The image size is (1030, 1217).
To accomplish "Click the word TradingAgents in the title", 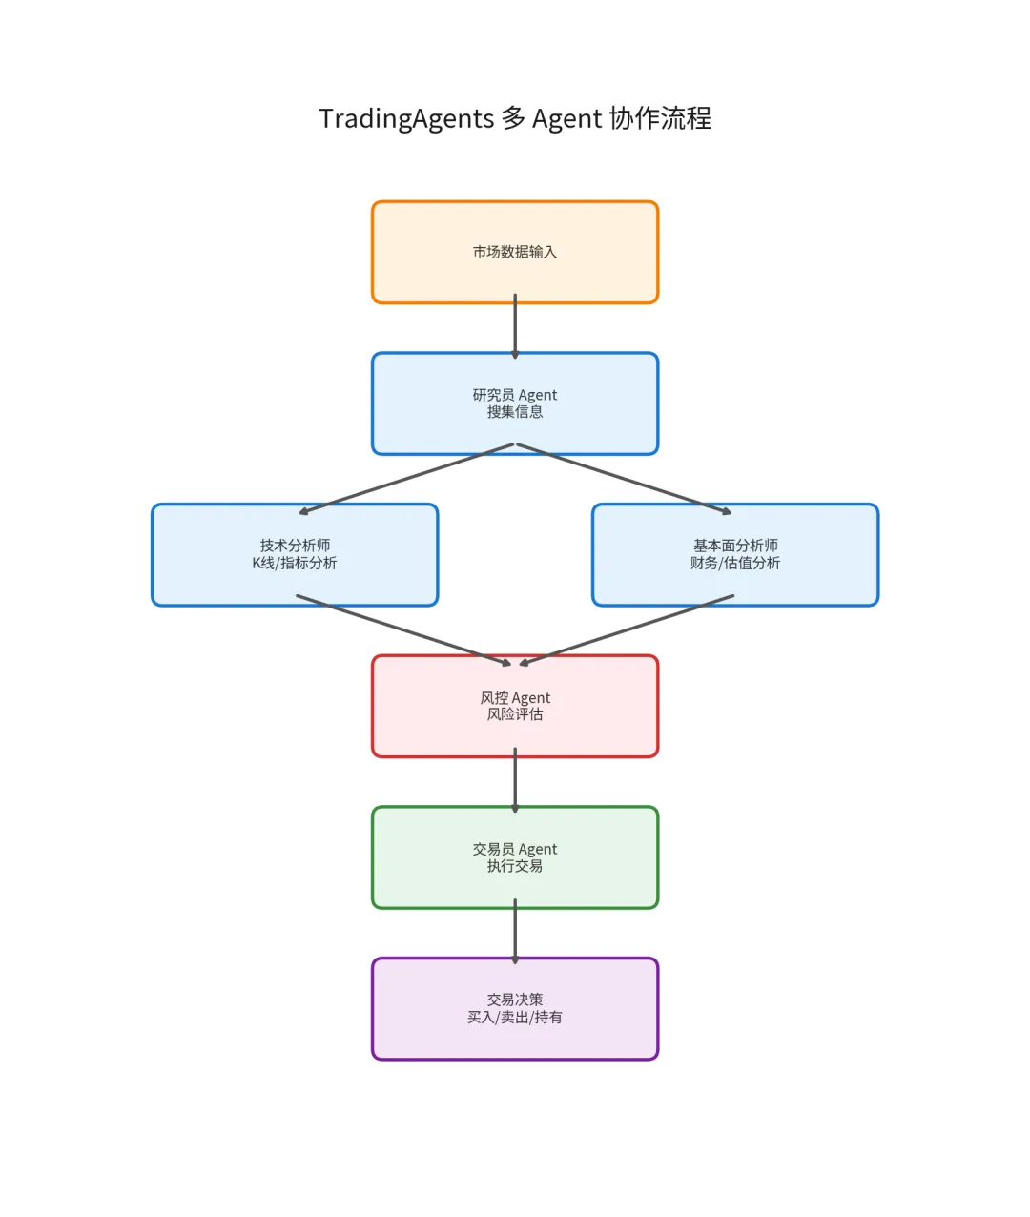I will coord(406,119).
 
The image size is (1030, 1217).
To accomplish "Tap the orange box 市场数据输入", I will coord(515,252).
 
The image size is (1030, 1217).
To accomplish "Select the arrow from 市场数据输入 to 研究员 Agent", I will coord(515,327).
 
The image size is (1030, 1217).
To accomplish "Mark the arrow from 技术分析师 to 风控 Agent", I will coord(405,630).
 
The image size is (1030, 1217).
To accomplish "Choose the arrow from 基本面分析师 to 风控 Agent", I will coord(625,630).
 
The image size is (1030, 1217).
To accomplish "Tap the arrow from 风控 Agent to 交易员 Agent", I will coord(515,781).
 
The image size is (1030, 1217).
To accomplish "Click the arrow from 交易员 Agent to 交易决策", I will coord(515,932).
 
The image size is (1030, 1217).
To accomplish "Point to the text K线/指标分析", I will coord(295,564).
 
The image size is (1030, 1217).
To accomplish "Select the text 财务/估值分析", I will coord(735,564).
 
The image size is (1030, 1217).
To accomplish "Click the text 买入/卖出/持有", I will coord(515,1018).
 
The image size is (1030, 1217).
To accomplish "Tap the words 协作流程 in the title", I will coord(660,119).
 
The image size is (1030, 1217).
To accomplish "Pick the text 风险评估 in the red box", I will coord(515,714).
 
